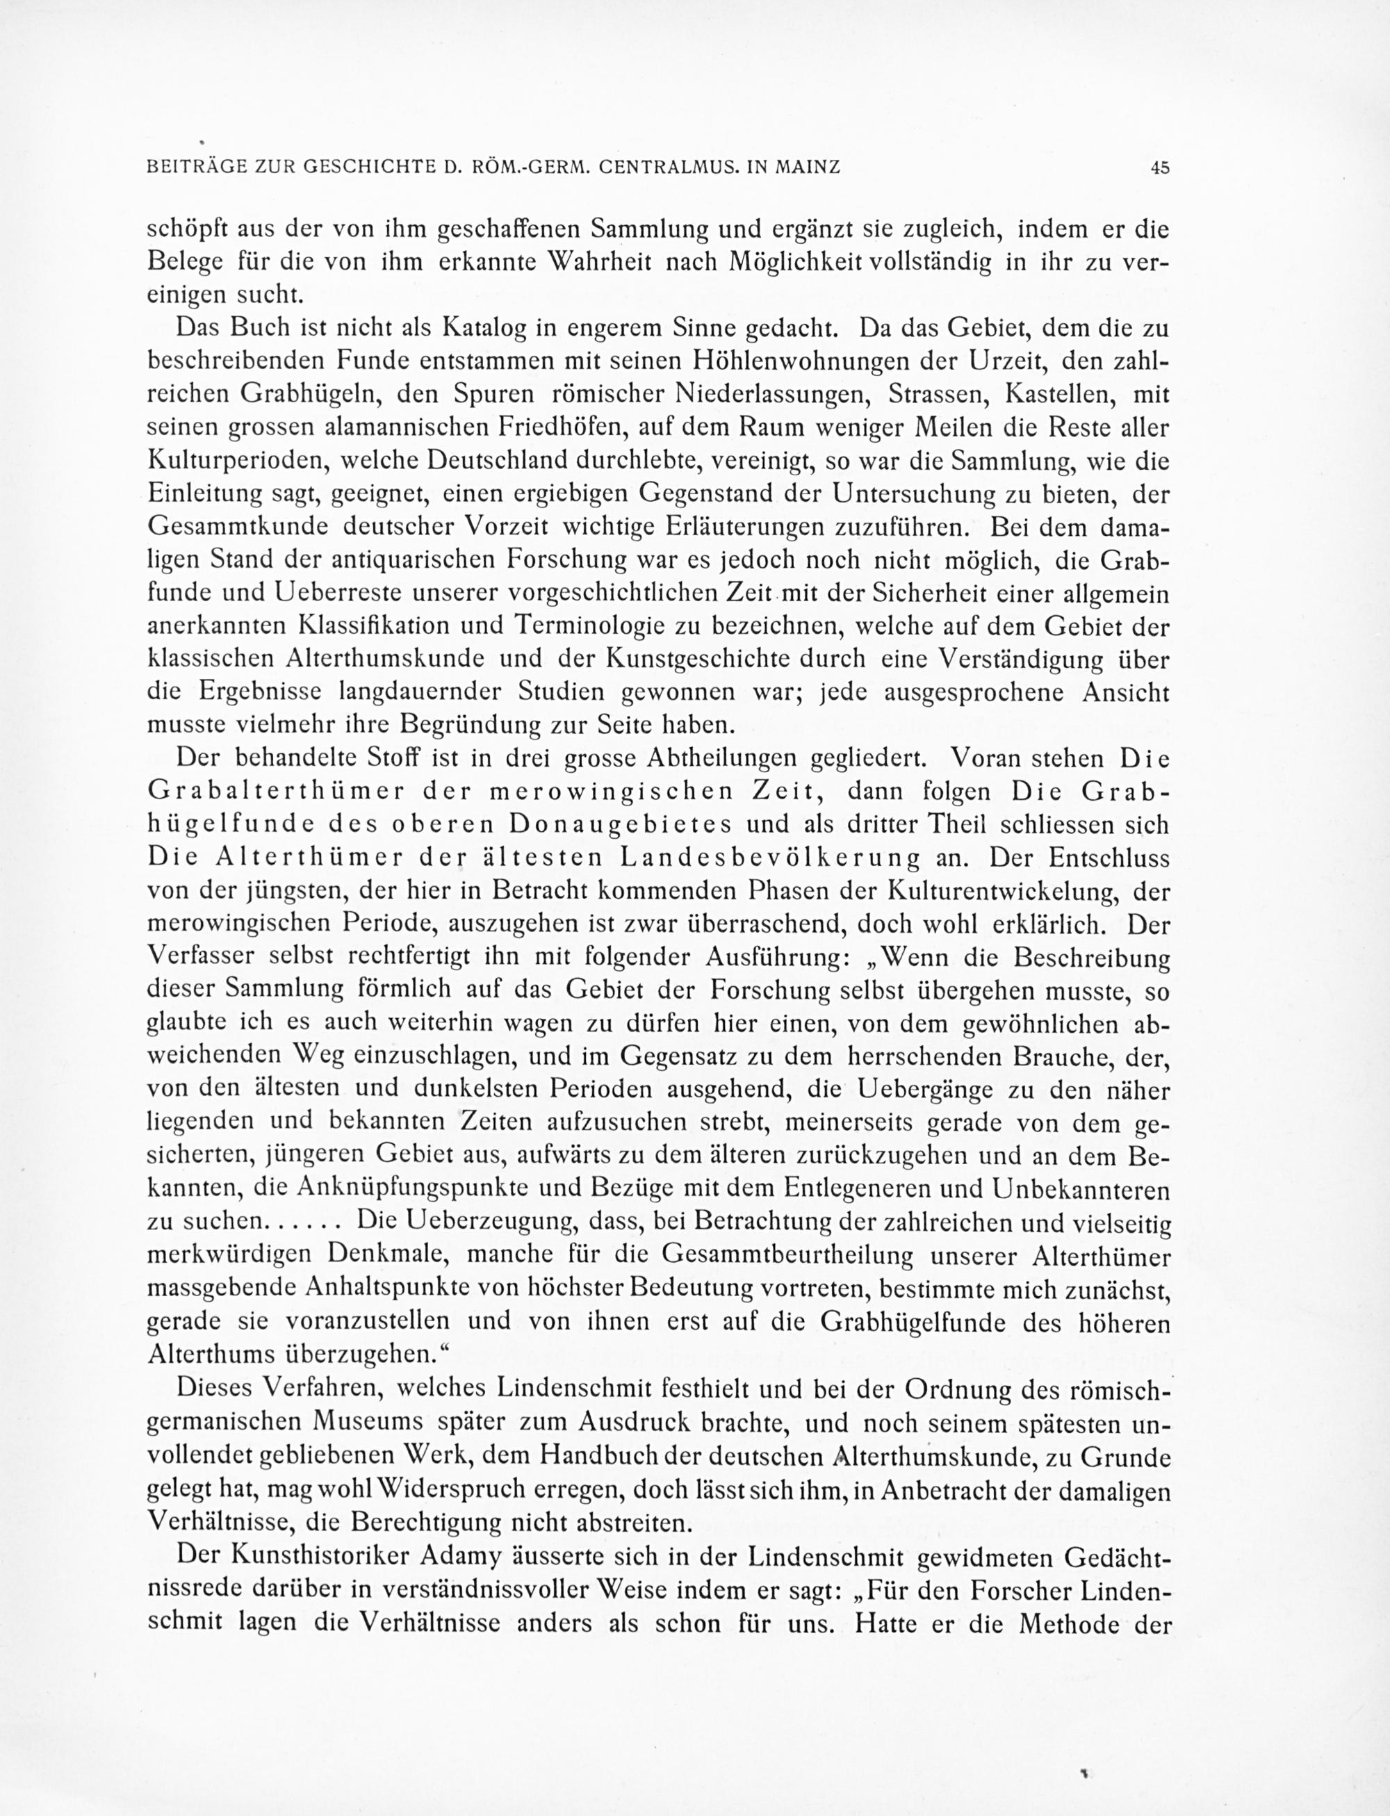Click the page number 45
[x=1159, y=167]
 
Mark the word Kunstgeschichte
[x=735, y=659]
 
